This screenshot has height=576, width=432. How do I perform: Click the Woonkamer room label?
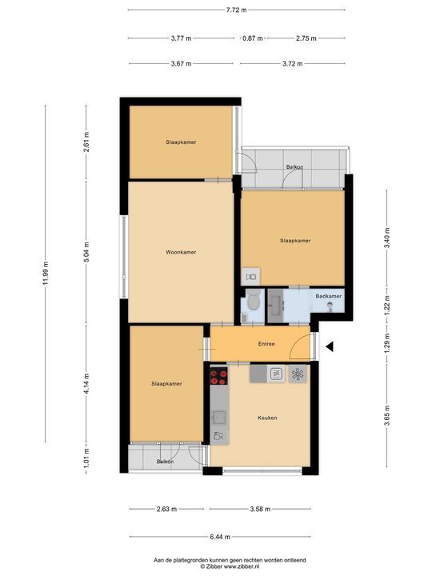tap(182, 252)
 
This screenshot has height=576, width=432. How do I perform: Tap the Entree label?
tap(266, 344)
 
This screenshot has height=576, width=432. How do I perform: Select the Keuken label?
tap(267, 418)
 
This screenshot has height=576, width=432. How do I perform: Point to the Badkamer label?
tap(328, 297)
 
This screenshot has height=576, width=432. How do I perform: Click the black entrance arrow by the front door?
tap(329, 346)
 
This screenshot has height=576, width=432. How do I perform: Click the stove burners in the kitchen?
tap(218, 375)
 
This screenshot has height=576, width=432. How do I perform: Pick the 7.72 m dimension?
tap(237, 10)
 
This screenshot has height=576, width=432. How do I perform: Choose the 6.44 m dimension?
tap(237, 538)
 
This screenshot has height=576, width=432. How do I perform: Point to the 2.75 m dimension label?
tap(306, 38)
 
